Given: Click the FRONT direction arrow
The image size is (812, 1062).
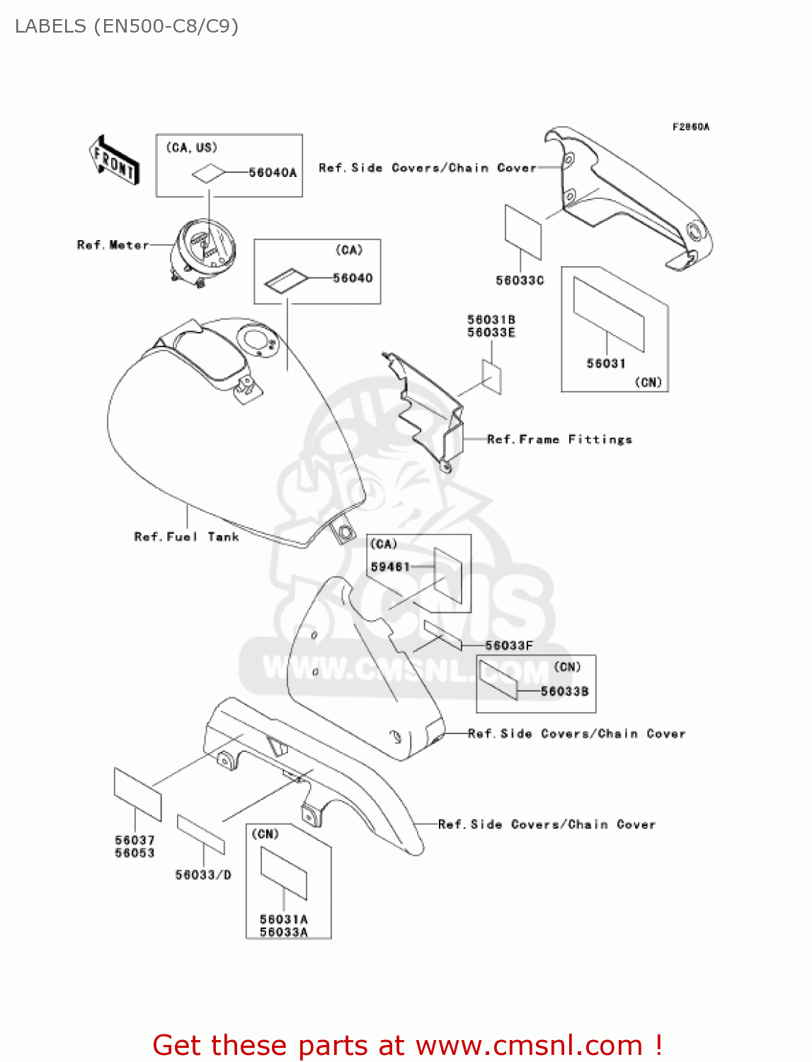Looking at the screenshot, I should [x=114, y=160].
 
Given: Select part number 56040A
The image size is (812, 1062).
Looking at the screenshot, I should [x=273, y=173].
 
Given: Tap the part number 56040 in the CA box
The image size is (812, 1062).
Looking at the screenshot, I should [x=353, y=278].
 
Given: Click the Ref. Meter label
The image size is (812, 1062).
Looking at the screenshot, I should [x=113, y=245].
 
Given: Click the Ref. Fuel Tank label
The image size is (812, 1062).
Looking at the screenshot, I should [x=186, y=537].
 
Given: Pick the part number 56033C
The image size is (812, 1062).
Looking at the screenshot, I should [x=520, y=280].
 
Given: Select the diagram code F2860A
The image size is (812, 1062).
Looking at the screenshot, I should [x=690, y=127].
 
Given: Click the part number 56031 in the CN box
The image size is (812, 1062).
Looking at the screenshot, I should [x=606, y=363].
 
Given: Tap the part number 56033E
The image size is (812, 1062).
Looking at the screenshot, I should [x=491, y=333].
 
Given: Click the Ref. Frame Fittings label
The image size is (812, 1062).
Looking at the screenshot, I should [x=559, y=440].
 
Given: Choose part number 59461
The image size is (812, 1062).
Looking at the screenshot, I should [x=390, y=567].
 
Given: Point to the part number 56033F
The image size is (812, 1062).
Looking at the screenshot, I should [x=509, y=646].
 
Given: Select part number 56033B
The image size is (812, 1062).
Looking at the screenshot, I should [x=564, y=691].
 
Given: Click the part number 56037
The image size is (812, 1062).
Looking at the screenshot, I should [x=135, y=840].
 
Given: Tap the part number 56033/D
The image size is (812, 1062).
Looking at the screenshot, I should [x=203, y=875].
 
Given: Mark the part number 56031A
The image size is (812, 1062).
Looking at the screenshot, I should [x=284, y=920].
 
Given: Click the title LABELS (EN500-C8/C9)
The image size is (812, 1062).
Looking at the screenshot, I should [x=127, y=26].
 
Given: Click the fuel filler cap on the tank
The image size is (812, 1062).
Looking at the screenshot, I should [x=256, y=339].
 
